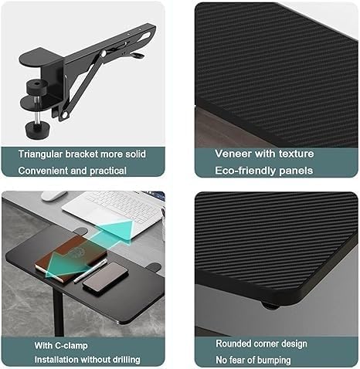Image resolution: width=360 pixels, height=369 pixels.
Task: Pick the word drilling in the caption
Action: click(x=121, y=360)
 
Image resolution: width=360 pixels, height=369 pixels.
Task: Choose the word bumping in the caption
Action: click(x=272, y=360)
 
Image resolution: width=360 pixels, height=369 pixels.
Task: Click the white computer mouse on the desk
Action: click(x=53, y=196)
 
